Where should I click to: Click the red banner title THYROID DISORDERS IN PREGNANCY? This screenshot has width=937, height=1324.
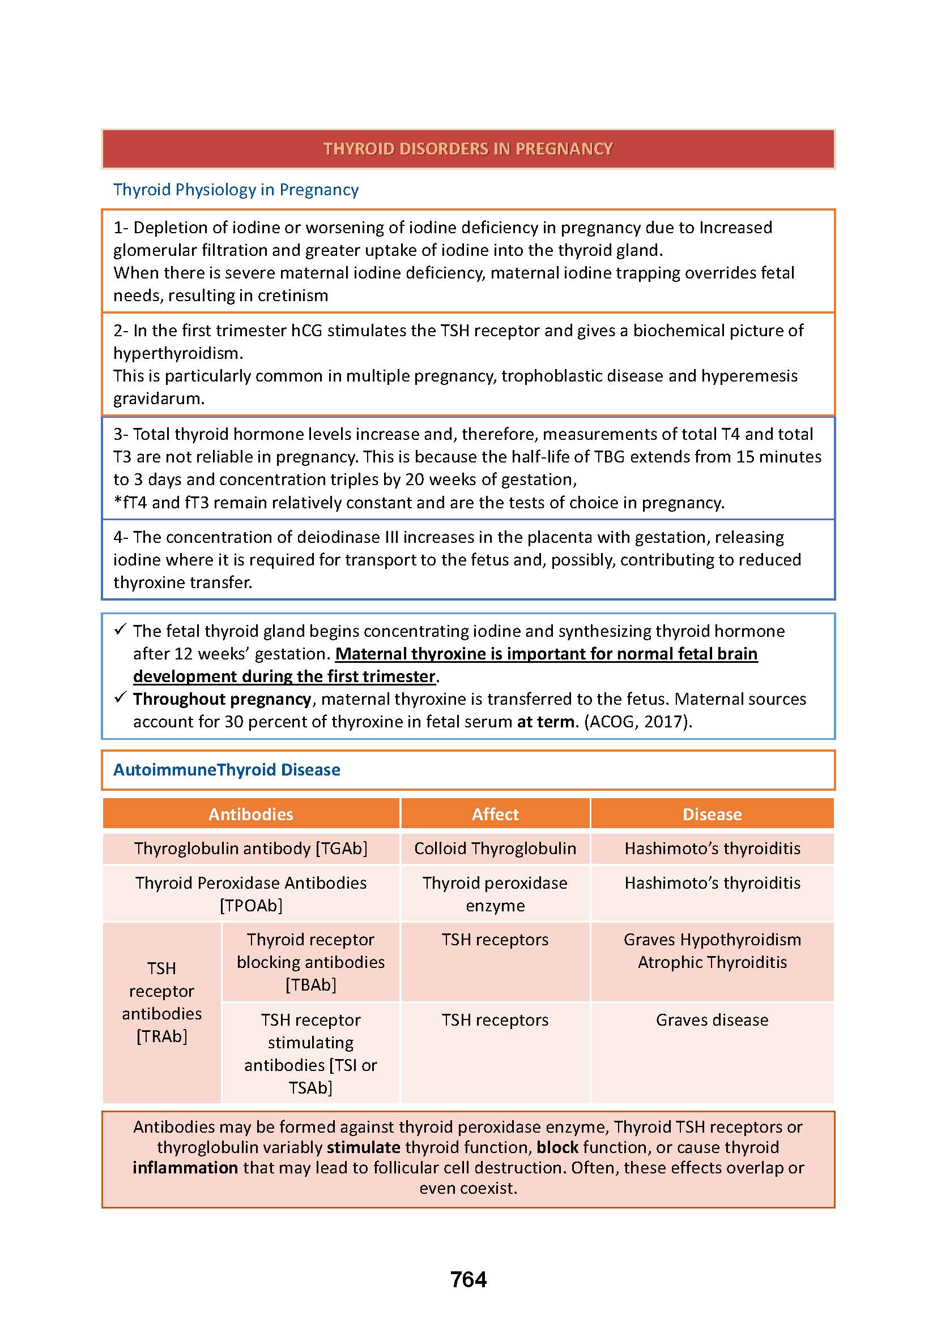(468, 149)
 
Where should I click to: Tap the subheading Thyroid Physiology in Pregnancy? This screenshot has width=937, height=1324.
(236, 190)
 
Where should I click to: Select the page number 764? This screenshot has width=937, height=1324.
(468, 1280)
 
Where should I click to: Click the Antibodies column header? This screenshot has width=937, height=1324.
(250, 813)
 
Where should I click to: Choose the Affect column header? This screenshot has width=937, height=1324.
(495, 813)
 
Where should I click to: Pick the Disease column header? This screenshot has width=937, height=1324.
(712, 813)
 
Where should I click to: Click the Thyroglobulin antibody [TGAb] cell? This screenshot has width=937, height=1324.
(250, 849)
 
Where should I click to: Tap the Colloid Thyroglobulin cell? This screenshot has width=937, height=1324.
(495, 849)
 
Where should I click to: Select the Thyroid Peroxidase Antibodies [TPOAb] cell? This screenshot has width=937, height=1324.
(250, 894)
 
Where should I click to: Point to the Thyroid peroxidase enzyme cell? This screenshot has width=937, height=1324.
(495, 894)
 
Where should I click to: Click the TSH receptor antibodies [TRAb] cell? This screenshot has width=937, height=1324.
(161, 1002)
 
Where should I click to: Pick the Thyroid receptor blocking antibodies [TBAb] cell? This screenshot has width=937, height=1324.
(310, 962)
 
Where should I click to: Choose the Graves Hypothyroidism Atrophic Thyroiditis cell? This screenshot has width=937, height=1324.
(712, 951)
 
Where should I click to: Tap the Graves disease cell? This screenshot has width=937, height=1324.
(712, 1020)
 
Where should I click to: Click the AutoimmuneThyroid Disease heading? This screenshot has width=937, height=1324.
(227, 770)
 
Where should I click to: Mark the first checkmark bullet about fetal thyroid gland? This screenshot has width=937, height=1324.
(120, 630)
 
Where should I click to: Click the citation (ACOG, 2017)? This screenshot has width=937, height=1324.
(637, 722)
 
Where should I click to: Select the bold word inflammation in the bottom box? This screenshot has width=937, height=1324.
(185, 1168)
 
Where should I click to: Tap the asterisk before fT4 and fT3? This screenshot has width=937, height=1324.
(118, 502)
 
